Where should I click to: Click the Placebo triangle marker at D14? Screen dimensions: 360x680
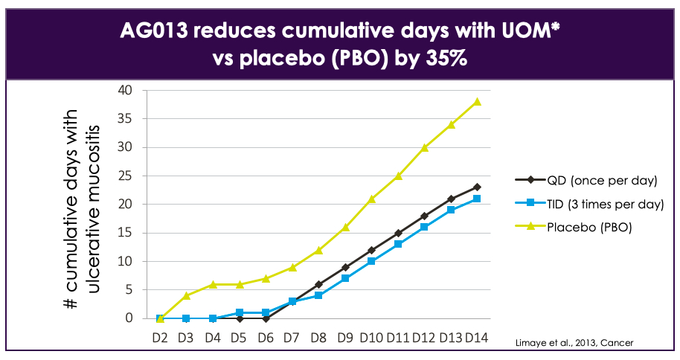[x=477, y=102]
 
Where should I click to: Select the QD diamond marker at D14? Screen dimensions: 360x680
[x=477, y=187]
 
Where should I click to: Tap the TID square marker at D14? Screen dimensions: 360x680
[x=477, y=199]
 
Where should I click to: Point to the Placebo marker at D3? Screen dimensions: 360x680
[x=187, y=295]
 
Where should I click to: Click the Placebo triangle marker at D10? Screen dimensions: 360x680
[x=371, y=199]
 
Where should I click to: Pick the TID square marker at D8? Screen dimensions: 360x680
[x=318, y=295]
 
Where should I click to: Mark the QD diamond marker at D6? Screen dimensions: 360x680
[x=266, y=318]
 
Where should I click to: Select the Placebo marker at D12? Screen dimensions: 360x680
[x=424, y=147]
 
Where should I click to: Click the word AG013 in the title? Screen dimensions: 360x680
[x=158, y=31]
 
